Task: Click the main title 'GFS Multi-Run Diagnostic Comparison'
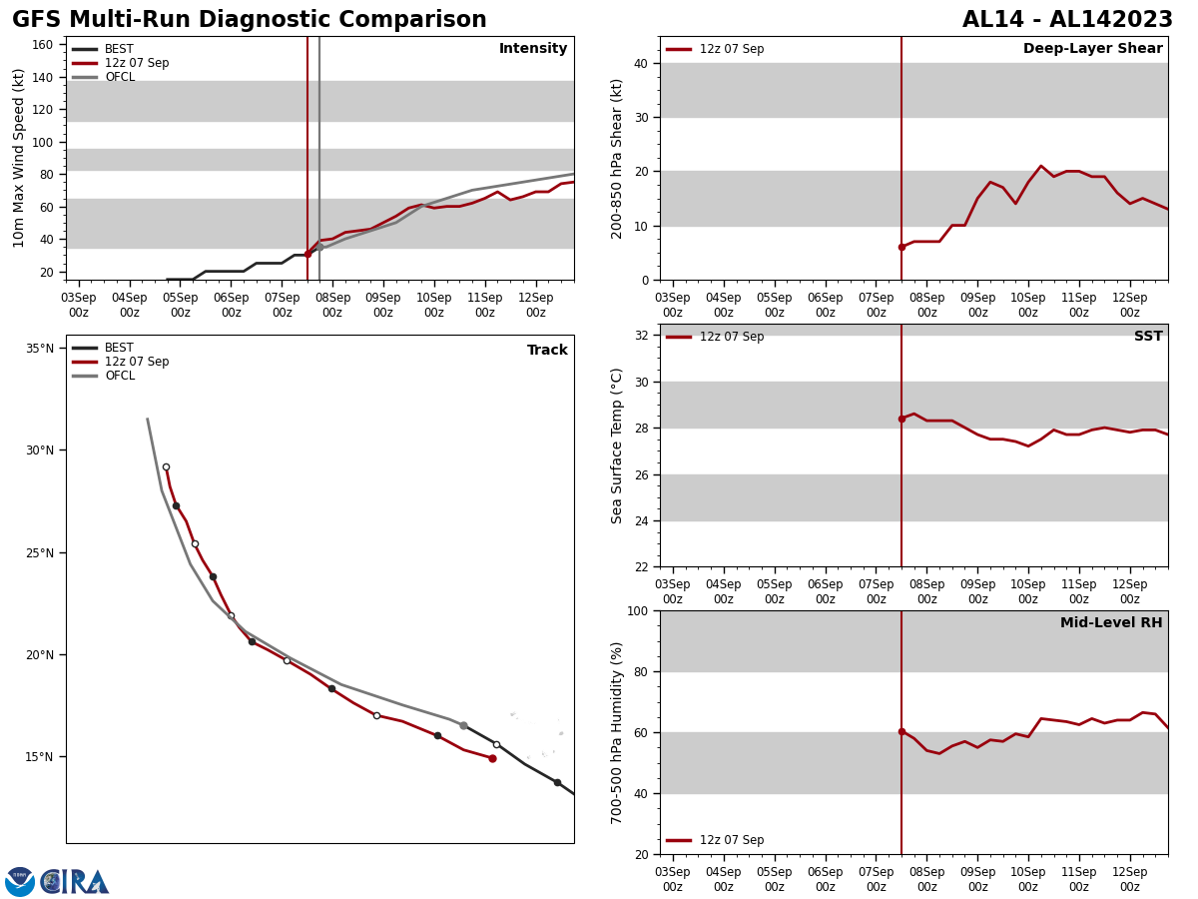pos(250,20)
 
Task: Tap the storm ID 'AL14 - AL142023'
pos(1067,20)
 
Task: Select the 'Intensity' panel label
pos(533,49)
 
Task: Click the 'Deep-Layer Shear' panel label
pos(1092,49)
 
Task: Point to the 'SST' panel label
pos(1147,337)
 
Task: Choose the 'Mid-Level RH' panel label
pos(1110,623)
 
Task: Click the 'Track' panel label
pos(547,351)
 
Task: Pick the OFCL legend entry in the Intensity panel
pos(119,77)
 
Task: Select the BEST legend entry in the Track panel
pos(119,348)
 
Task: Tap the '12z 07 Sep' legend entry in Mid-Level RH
pos(731,840)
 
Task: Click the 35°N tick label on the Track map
pos(40,349)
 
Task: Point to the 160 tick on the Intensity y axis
pos(42,45)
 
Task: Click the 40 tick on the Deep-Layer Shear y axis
pos(640,63)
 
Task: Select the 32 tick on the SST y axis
pos(640,336)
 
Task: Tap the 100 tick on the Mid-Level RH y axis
pos(636,610)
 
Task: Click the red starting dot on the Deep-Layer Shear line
pos(901,247)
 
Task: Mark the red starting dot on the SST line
pos(901,419)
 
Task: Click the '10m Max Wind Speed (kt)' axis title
pos(20,158)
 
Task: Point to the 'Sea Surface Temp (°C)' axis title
pos(617,446)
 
